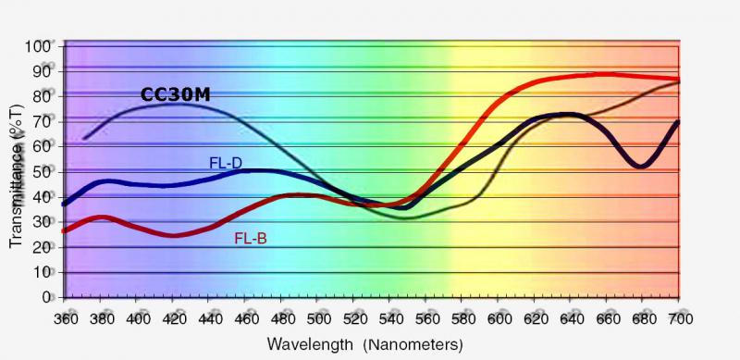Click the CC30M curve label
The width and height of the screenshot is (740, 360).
[175, 95]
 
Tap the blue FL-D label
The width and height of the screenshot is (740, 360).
[226, 163]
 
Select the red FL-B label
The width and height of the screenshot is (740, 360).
[251, 239]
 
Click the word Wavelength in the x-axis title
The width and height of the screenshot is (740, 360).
[310, 344]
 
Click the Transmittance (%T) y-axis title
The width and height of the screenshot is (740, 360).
[16, 177]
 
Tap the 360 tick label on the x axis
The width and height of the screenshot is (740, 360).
[65, 319]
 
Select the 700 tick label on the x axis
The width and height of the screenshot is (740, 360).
[680, 319]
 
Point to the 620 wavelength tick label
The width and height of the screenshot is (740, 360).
[535, 319]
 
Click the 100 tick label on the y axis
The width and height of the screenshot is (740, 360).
[40, 47]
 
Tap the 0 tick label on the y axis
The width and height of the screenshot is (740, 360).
[47, 298]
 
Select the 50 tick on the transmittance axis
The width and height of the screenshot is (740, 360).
[43, 172]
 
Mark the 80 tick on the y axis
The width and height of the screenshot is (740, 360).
[43, 97]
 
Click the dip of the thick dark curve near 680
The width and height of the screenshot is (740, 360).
[640, 166]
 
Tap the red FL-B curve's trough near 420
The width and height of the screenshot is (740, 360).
[174, 235]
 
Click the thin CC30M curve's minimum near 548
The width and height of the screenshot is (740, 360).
[401, 218]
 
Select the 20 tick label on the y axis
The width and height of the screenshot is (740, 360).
[43, 248]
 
